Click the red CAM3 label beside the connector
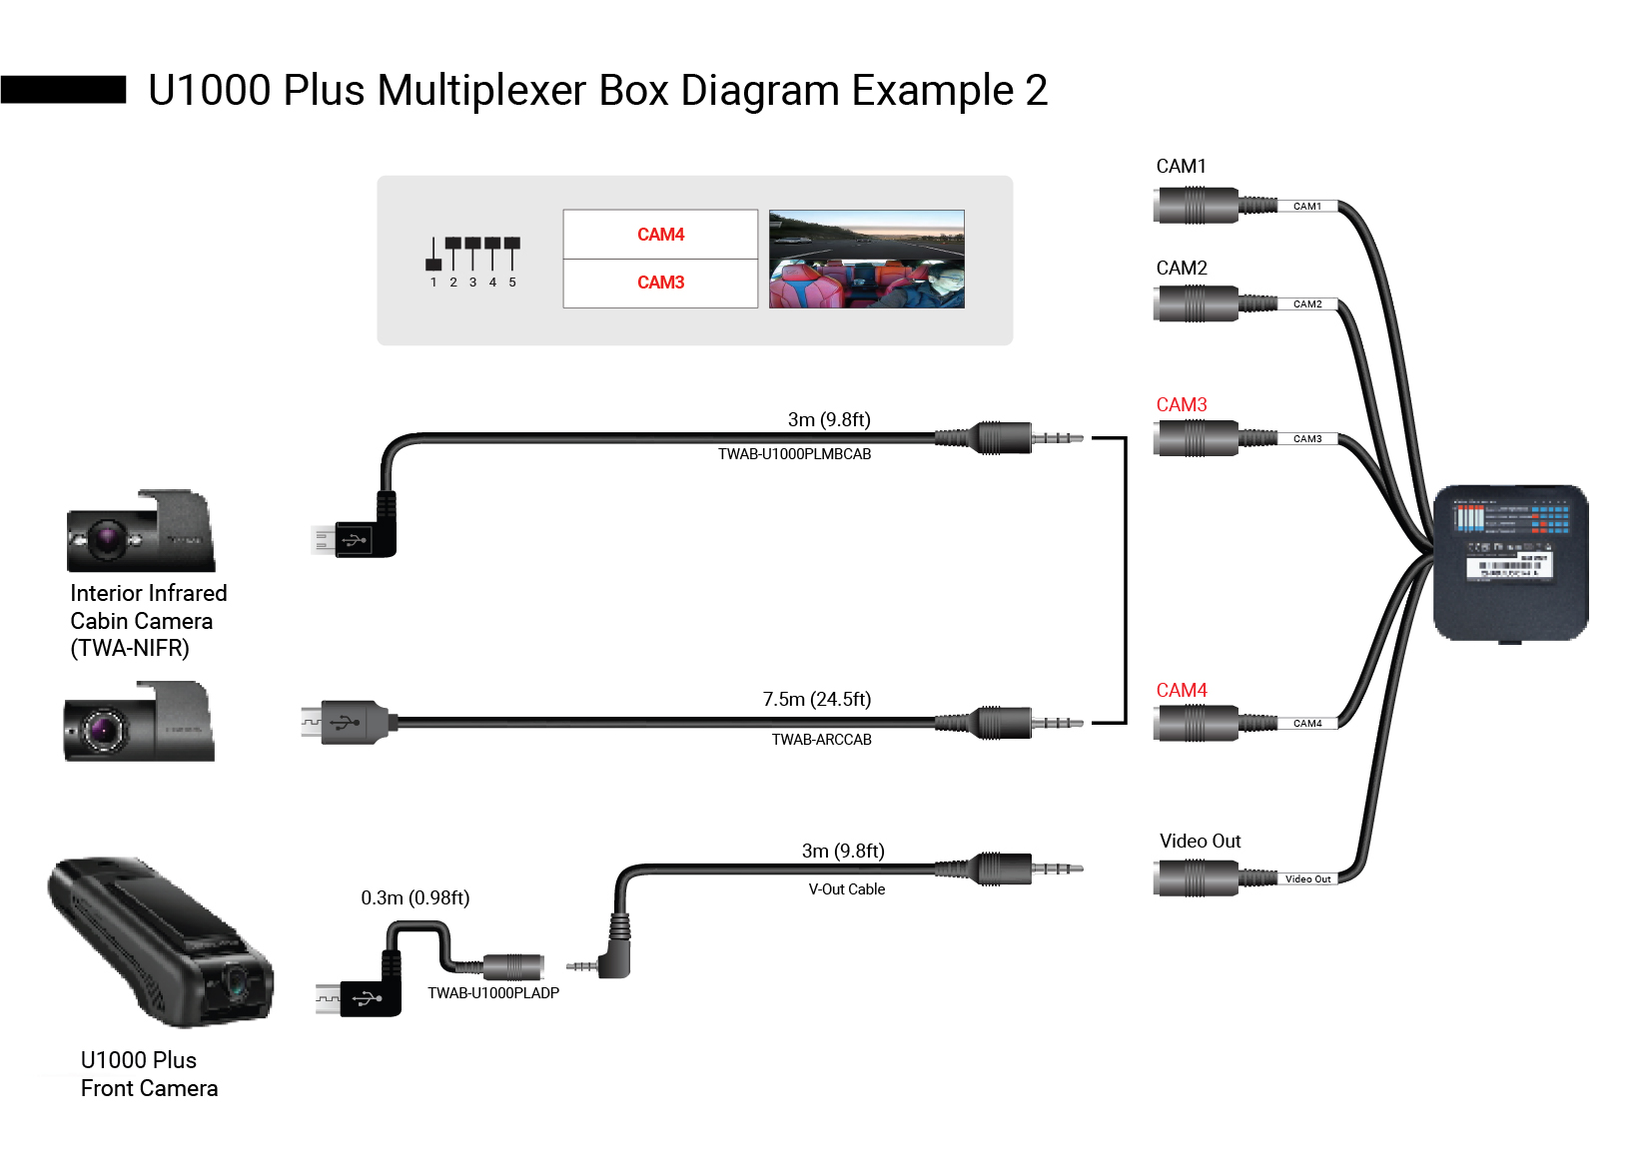[x=1181, y=405]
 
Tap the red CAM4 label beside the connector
[x=1181, y=691]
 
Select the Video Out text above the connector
[x=1200, y=842]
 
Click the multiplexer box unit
[x=1510, y=563]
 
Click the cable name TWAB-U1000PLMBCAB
[x=794, y=454]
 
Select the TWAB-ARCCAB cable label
[x=821, y=740]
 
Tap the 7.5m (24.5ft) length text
[x=816, y=700]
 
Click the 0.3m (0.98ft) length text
[x=414, y=898]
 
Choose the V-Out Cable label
[x=846, y=889]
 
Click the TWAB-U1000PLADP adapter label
[x=493, y=993]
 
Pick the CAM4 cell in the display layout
[x=660, y=235]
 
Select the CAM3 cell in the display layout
[x=660, y=284]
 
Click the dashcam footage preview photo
[x=866, y=259]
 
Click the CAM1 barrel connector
[x=1196, y=206]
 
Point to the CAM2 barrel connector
[x=1196, y=303]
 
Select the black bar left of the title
[x=63, y=90]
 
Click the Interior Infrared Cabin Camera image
[x=140, y=531]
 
